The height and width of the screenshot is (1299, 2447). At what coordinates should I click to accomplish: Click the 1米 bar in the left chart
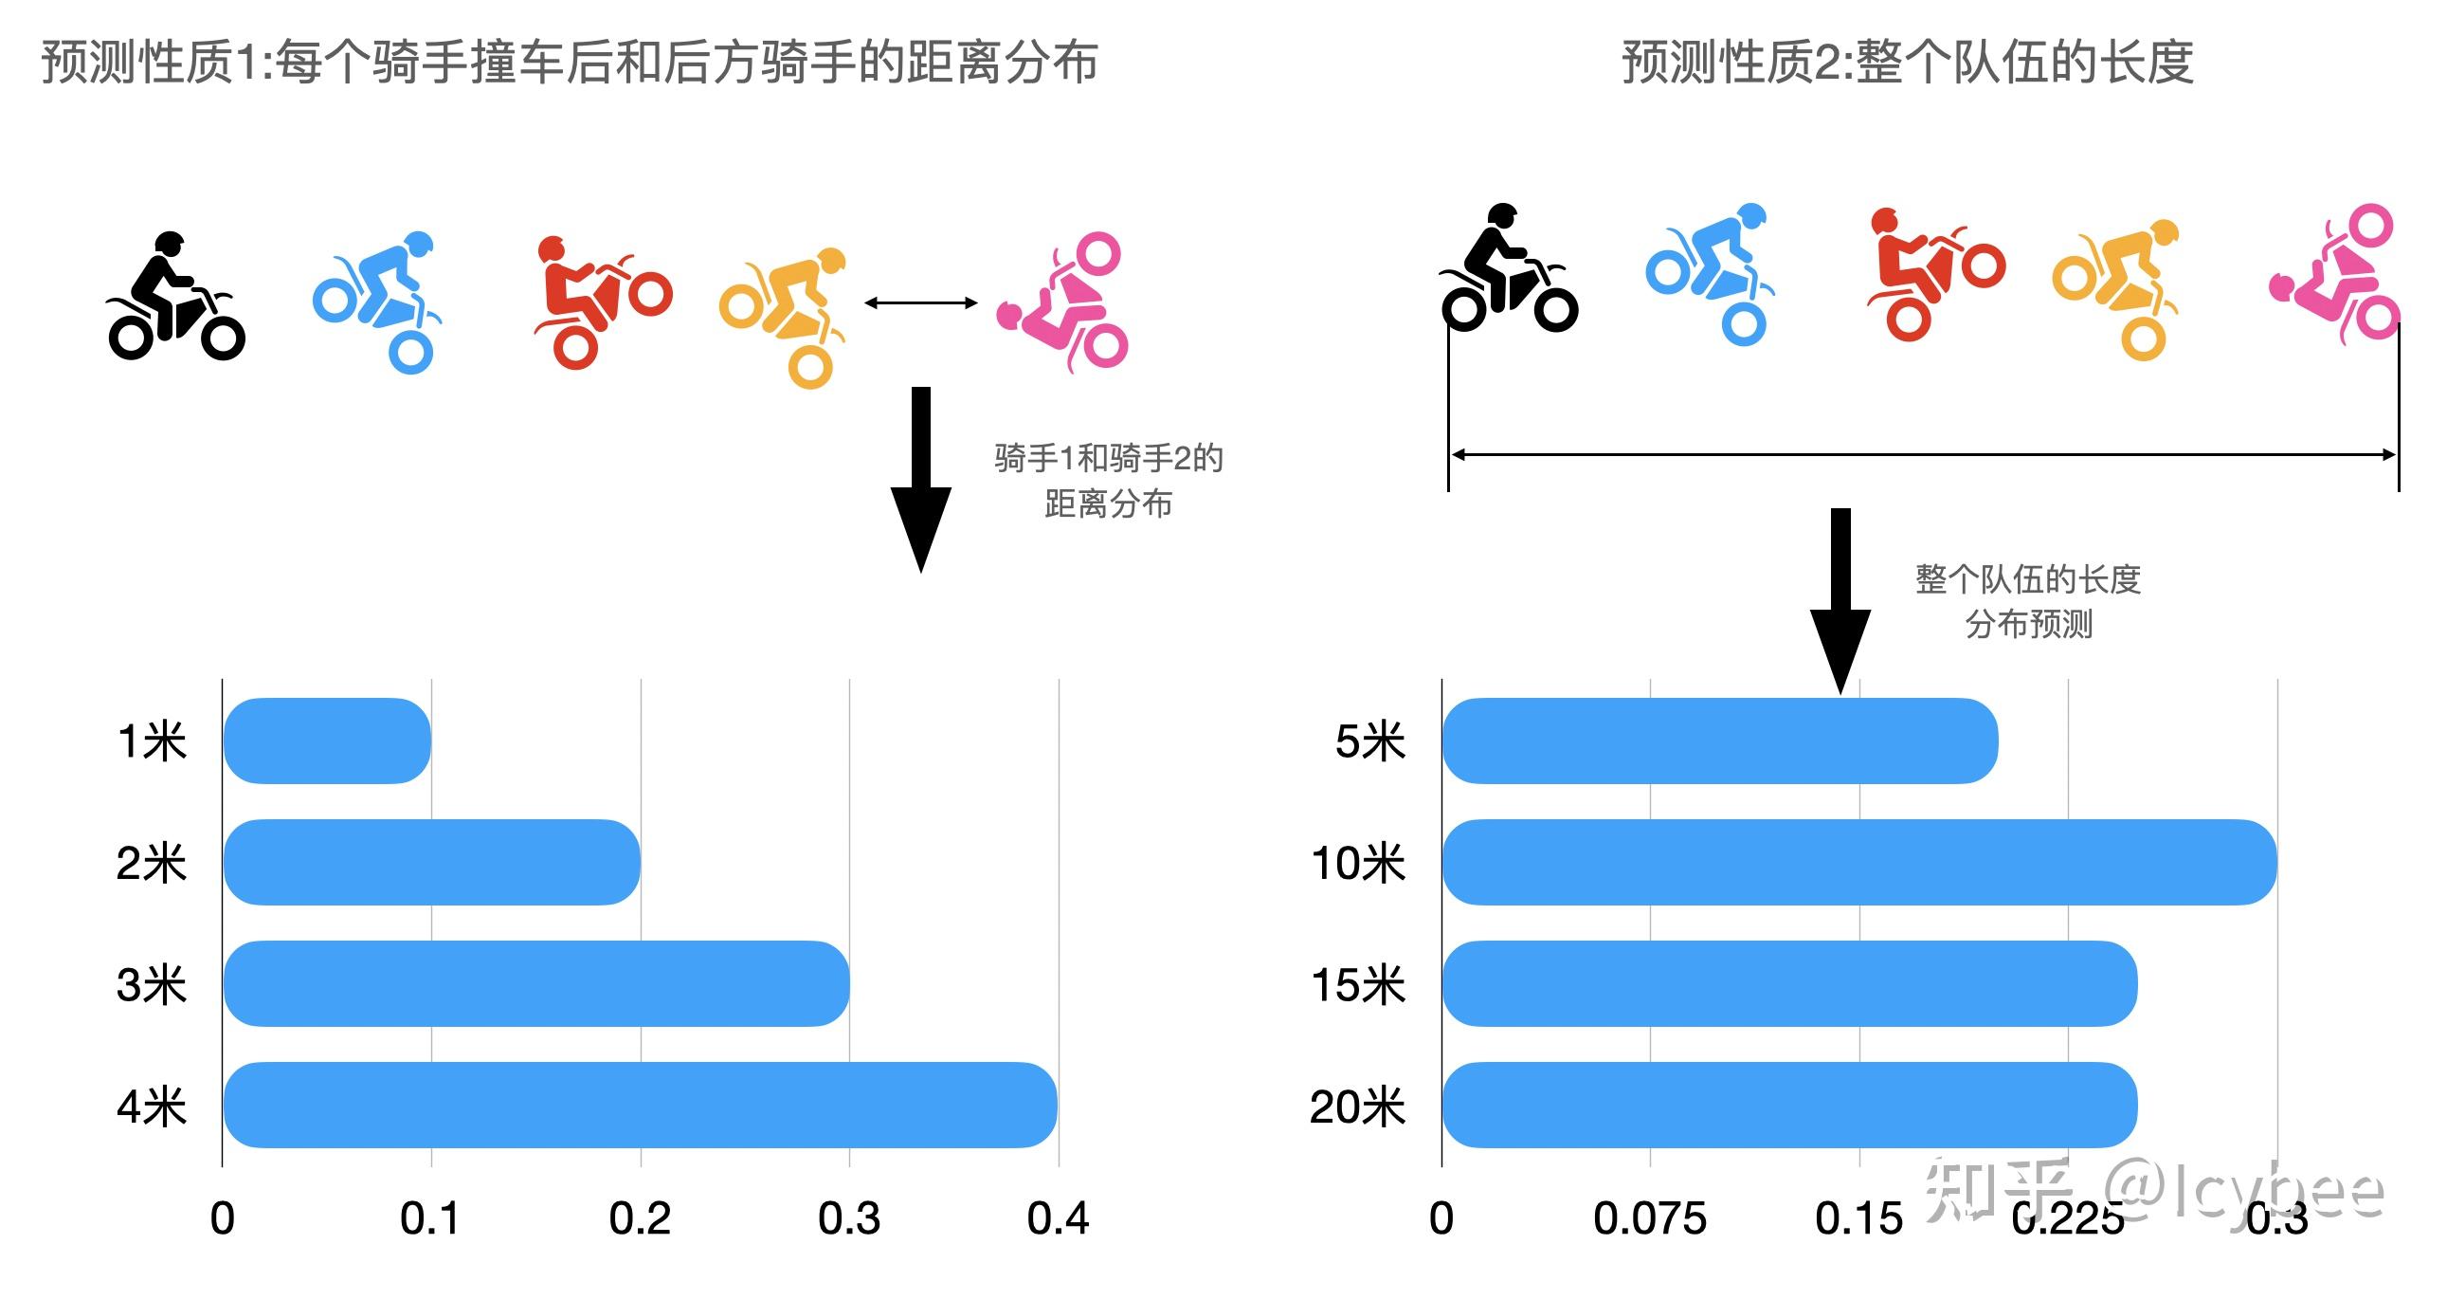[x=327, y=741]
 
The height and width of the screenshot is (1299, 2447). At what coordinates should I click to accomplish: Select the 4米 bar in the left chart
[x=640, y=1105]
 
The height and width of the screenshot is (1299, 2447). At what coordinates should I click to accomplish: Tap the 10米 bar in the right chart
[x=1858, y=862]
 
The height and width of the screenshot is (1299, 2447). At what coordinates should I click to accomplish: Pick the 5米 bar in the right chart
[x=1719, y=741]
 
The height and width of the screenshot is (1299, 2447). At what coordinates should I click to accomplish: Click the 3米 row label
[x=151, y=984]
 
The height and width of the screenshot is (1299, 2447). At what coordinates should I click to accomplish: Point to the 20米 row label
[x=1356, y=1107]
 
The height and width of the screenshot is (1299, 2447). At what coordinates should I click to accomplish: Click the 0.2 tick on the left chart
[x=640, y=1218]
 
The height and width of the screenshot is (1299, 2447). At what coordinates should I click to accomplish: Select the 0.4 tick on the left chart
[x=1058, y=1218]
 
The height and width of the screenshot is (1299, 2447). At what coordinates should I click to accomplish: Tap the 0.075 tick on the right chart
[x=1649, y=1218]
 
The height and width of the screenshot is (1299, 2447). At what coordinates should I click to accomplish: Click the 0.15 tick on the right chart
[x=1858, y=1218]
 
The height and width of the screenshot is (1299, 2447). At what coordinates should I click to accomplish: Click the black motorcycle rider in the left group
[x=175, y=297]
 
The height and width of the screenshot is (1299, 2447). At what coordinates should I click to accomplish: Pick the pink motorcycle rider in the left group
[x=1064, y=302]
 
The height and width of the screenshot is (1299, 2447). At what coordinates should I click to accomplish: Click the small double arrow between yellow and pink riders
[x=920, y=303]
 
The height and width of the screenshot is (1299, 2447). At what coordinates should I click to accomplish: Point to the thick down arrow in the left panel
[x=920, y=475]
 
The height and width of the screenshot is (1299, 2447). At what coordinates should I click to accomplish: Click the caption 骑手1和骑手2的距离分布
[x=1108, y=481]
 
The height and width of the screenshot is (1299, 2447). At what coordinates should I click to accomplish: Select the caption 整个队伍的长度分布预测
[x=2027, y=600]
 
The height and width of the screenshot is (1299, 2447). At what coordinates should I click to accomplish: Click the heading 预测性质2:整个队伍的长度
[x=1907, y=63]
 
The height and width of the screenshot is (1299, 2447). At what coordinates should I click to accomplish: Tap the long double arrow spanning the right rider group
[x=1923, y=455]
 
